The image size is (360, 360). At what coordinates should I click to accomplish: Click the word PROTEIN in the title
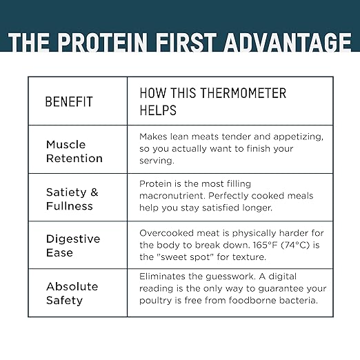(102, 43)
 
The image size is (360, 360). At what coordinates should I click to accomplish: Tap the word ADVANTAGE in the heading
(288, 43)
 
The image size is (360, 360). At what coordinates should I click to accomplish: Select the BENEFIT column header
(69, 101)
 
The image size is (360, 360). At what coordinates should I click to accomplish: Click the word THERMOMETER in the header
(243, 93)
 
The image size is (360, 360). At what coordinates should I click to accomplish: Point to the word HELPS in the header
(158, 110)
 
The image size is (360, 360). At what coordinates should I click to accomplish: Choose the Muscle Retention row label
(74, 152)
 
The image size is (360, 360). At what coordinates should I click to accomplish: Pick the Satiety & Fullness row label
(72, 199)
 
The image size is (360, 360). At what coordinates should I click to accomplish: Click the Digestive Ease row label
(73, 246)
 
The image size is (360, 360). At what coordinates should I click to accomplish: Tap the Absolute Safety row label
(72, 293)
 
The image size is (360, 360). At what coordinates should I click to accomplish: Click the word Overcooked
(166, 233)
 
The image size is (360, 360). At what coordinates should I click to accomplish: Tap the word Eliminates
(162, 277)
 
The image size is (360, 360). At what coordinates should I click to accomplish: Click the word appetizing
(298, 137)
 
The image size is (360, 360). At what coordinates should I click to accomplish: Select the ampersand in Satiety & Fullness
(94, 192)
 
